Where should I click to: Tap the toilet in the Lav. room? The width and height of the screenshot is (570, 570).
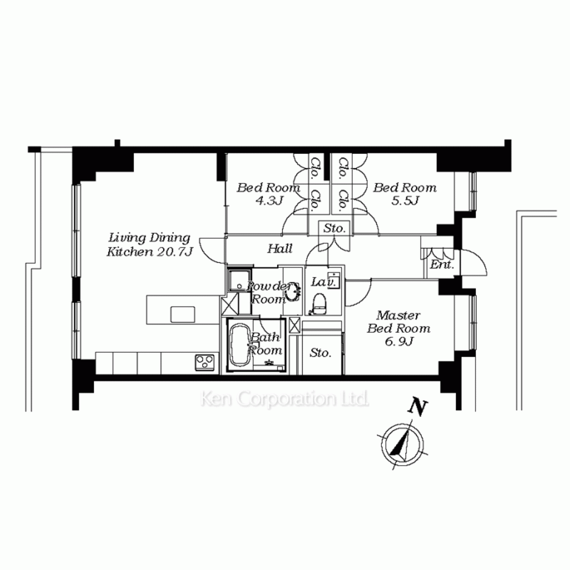(x=319, y=303)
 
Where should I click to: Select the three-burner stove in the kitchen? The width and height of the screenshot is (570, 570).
(x=205, y=362)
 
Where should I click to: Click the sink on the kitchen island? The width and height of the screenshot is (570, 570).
(x=182, y=315)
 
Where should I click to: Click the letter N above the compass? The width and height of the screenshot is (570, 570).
(x=417, y=408)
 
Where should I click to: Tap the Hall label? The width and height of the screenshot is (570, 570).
(x=279, y=249)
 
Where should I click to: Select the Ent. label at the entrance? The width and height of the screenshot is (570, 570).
(x=442, y=265)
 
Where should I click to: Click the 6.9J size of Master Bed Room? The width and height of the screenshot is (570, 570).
(x=399, y=341)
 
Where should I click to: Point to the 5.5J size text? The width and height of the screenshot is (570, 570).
(x=405, y=201)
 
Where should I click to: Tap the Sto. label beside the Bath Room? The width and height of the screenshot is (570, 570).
(x=320, y=353)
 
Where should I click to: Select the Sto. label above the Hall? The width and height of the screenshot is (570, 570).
(x=334, y=229)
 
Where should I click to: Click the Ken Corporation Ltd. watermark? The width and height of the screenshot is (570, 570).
(x=284, y=399)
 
